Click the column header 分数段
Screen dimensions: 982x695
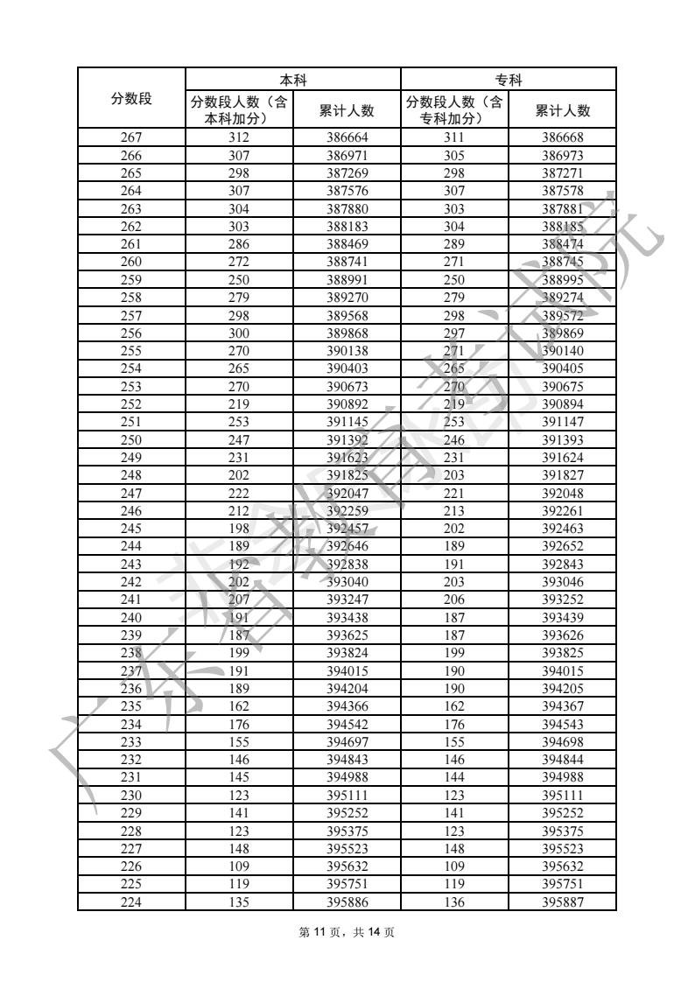point(131,98)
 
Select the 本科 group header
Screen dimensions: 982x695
point(292,79)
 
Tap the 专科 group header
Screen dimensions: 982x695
point(509,79)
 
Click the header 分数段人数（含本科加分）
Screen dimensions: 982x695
point(238,110)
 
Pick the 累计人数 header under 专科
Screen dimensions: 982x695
point(562,110)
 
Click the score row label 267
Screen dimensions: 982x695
point(131,137)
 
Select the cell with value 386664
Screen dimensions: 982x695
point(347,137)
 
